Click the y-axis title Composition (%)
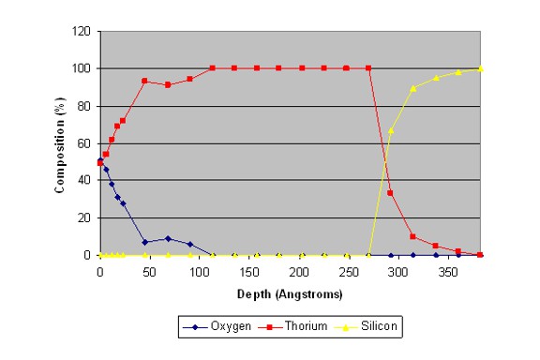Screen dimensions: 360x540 (59, 144)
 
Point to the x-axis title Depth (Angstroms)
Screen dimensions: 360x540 (290, 293)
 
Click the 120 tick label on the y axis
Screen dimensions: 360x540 (82, 31)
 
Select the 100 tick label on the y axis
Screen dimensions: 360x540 (82, 68)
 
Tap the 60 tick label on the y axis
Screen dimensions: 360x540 (84, 143)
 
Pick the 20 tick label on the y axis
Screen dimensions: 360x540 (84, 217)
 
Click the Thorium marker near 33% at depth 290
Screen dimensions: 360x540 (390, 193)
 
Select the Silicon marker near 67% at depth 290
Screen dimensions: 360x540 (390, 130)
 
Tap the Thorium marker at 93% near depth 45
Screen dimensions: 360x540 (144, 81)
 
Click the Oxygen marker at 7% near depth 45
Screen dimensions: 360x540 (144, 242)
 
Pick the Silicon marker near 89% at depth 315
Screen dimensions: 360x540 (412, 88)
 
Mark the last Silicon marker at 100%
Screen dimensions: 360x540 (480, 68)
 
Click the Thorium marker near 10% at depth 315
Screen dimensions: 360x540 (412, 236)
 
